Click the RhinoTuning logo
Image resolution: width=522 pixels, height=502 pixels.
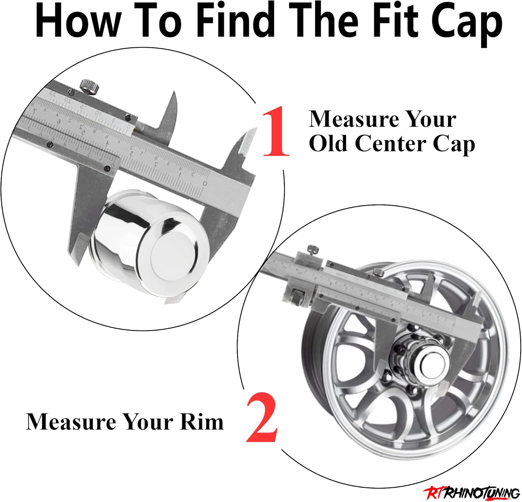point(472,493)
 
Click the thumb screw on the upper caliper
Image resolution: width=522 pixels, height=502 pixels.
point(88,86)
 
